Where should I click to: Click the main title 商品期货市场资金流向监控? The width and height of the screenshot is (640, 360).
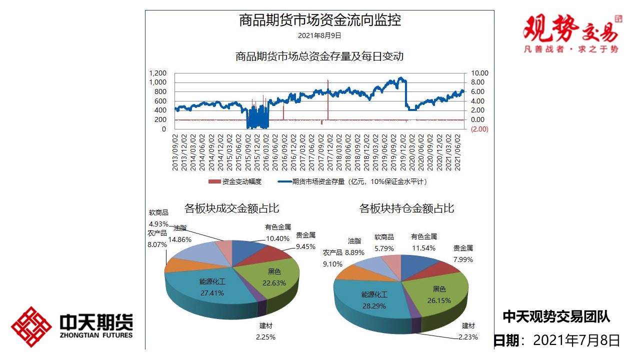(320, 21)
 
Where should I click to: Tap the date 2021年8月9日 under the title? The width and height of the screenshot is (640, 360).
(319, 35)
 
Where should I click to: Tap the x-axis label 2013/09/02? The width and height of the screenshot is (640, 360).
(175, 151)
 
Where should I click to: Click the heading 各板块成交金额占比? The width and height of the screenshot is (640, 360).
(231, 208)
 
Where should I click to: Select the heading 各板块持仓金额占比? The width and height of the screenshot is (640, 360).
(406, 208)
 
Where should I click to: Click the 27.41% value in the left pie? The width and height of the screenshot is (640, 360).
(212, 293)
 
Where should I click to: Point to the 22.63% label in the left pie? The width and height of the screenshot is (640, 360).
(274, 282)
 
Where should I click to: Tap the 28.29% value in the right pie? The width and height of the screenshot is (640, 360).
(374, 305)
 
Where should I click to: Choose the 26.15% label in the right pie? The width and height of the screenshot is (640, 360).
(438, 300)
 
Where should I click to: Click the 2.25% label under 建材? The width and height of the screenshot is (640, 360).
(265, 337)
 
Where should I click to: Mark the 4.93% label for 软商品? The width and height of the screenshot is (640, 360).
(158, 223)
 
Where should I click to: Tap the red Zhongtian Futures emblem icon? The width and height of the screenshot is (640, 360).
(31, 327)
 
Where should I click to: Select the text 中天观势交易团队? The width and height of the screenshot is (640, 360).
(556, 316)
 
